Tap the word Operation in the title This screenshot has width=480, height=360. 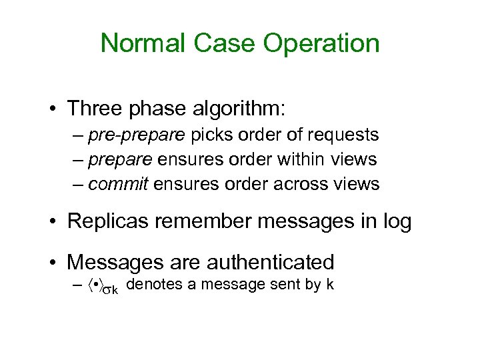click(x=321, y=44)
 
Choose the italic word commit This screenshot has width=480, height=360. click(x=117, y=184)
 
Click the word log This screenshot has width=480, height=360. click(x=396, y=223)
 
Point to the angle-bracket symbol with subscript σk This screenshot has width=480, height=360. click(x=103, y=287)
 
